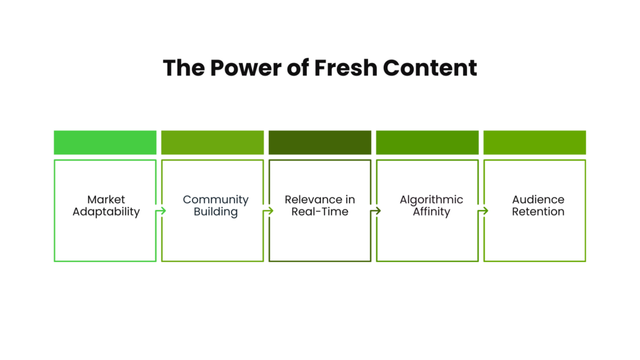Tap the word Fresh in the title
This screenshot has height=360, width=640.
pyautogui.click(x=346, y=68)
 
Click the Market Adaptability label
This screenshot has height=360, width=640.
pyautogui.click(x=106, y=206)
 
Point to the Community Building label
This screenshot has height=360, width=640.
pyautogui.click(x=216, y=206)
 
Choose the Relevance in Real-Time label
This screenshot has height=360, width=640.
pyautogui.click(x=320, y=206)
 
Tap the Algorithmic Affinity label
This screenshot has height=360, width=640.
pyautogui.click(x=431, y=206)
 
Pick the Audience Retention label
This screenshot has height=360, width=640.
pyautogui.click(x=538, y=206)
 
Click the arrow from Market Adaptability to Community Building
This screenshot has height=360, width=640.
pyautogui.click(x=161, y=211)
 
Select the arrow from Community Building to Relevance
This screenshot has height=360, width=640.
pyautogui.click(x=268, y=211)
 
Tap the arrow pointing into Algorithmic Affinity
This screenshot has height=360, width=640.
pyautogui.click(x=376, y=211)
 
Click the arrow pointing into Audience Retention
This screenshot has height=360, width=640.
pyautogui.click(x=483, y=211)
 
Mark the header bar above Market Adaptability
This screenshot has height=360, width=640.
pyautogui.click(x=105, y=142)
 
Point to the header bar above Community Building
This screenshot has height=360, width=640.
pyautogui.click(x=212, y=142)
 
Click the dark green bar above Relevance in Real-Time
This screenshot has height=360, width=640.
pyautogui.click(x=320, y=142)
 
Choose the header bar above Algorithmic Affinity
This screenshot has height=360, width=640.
pyautogui.click(x=427, y=142)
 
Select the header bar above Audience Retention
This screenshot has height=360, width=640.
pyautogui.click(x=535, y=142)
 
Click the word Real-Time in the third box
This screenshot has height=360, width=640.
pyautogui.click(x=320, y=212)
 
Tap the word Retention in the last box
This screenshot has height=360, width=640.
pyautogui.click(x=538, y=212)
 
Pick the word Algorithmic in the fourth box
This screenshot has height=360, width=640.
pyautogui.click(x=431, y=200)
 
